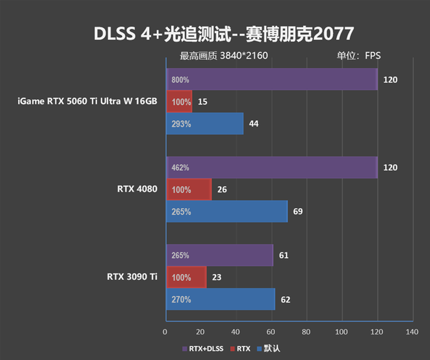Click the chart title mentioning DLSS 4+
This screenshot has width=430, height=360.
(x=215, y=33)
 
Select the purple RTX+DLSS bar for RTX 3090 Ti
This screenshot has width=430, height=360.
(x=220, y=256)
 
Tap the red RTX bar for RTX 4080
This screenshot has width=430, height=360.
(x=189, y=190)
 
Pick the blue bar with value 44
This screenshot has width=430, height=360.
(x=205, y=124)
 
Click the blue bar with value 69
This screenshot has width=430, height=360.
(x=227, y=212)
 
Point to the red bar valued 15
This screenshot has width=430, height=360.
(x=179, y=102)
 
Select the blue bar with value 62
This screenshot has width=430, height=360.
(x=220, y=300)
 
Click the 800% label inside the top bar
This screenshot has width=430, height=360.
(x=180, y=80)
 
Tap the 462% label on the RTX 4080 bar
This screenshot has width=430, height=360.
(x=180, y=168)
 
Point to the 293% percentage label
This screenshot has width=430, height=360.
(x=180, y=124)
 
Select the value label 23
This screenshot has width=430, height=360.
(x=217, y=278)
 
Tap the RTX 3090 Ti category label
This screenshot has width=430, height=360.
(x=132, y=277)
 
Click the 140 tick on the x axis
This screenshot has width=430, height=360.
(x=412, y=332)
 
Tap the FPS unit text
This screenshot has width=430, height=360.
(x=373, y=55)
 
